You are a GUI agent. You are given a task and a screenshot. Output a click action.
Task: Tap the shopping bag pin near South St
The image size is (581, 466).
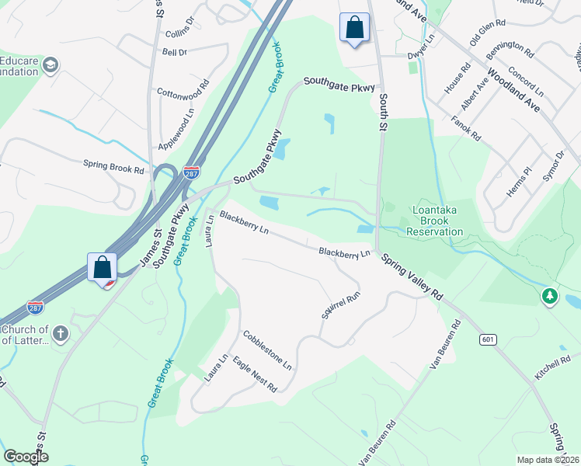[354, 29]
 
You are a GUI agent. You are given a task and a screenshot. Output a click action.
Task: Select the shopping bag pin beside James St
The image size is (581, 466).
[103, 268]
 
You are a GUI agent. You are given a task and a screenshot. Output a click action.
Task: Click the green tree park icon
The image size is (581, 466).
[550, 296]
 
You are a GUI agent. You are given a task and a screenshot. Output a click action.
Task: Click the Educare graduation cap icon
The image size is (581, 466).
[52, 64]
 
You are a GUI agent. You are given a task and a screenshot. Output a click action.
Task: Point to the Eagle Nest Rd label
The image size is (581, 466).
[254, 375]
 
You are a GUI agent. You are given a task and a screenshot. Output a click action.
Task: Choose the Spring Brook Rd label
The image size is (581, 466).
[114, 166]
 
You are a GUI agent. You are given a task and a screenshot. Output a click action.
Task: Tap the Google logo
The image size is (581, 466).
[26, 457]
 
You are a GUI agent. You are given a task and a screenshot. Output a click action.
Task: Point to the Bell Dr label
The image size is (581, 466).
[175, 52]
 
